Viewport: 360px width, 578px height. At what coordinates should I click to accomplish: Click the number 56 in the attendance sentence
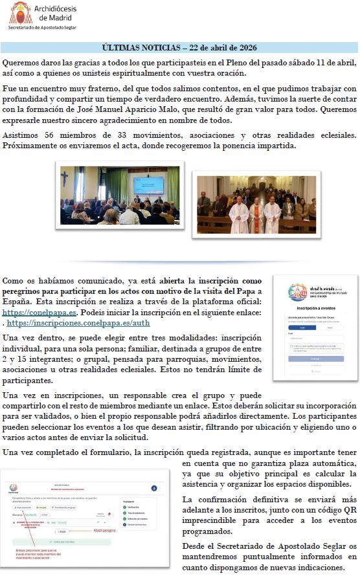[x=52, y=135]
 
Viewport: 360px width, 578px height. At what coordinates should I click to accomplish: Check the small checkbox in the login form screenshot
[x=291, y=346]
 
